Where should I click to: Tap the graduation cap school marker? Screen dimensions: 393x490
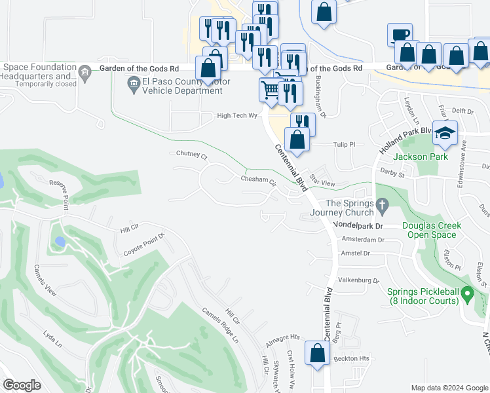pos(445,133)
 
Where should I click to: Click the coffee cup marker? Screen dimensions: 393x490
pos(399,35)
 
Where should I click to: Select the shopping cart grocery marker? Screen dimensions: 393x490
pos(271,89)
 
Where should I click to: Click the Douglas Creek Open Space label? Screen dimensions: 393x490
pos(432,230)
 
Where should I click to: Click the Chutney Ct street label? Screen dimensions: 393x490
pos(191,157)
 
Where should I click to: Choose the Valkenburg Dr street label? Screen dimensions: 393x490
pos(358,280)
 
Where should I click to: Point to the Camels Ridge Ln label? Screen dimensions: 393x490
pos(219,325)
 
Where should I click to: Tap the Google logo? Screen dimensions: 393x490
pos(22,385)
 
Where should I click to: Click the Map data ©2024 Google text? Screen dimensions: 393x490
pos(449,388)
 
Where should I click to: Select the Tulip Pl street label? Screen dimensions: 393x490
pos(343,144)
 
